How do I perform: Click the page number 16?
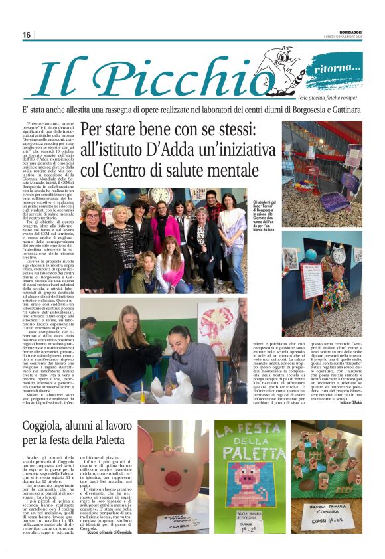click(27, 35)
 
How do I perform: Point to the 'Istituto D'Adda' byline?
click(347, 404)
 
